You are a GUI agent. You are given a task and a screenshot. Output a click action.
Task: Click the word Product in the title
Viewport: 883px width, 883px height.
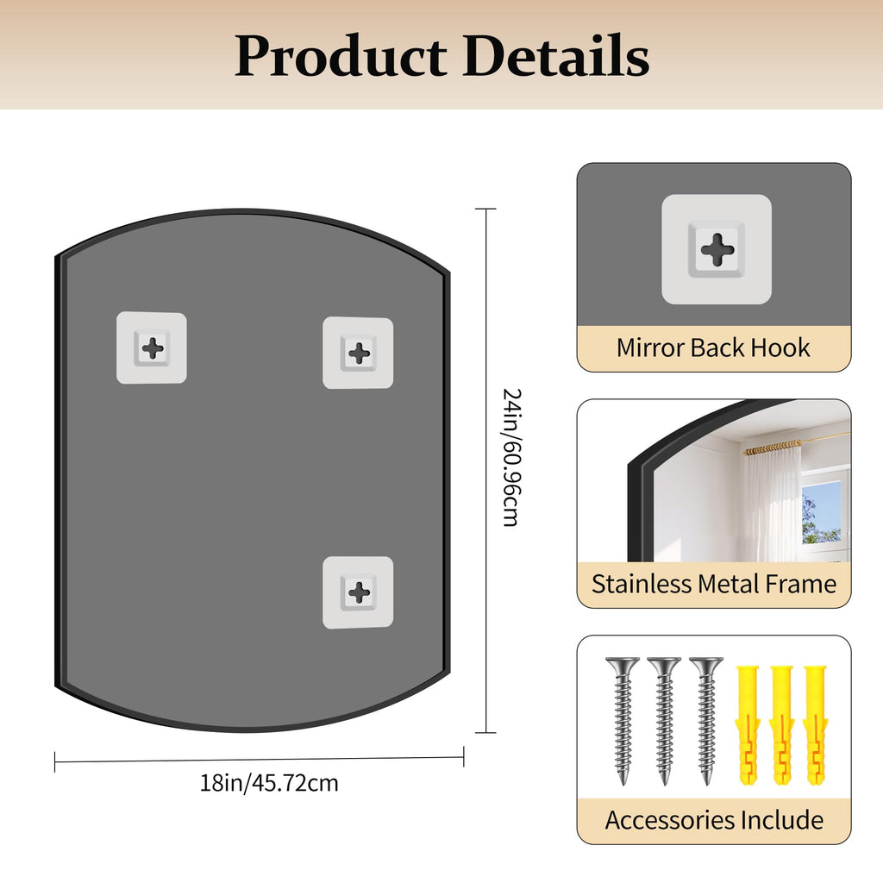341,56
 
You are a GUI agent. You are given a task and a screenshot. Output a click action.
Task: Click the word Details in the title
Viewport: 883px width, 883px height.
556,55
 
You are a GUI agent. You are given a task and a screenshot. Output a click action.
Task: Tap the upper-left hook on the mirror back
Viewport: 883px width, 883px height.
152,348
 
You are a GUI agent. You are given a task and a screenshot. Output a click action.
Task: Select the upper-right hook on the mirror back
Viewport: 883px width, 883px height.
358,353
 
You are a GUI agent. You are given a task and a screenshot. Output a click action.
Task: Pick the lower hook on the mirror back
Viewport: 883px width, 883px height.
358,592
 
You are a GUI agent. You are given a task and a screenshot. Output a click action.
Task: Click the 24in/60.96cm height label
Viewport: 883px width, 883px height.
511,457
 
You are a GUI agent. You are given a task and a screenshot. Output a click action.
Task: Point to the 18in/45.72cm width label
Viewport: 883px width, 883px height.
269,783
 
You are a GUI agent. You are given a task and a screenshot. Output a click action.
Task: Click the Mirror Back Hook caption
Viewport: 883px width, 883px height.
713,348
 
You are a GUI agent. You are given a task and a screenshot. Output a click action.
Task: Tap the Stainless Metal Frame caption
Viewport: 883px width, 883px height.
713,584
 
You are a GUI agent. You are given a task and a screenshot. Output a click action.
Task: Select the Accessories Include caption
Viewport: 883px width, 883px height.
714,820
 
